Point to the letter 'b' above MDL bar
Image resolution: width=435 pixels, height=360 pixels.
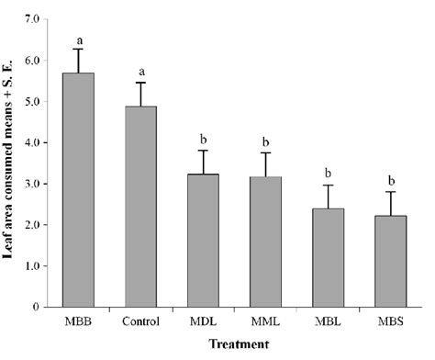coord(203,139)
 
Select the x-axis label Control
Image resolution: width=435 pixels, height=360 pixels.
coord(140,321)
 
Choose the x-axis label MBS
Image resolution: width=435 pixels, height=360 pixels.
coord(387,321)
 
